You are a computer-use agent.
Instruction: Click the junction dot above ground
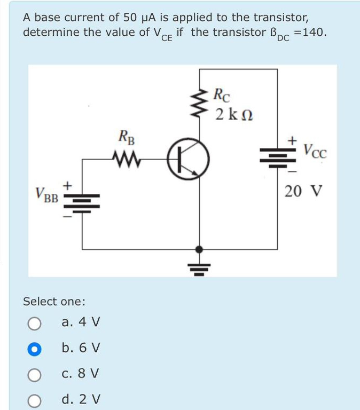pyautogui.click(x=199, y=249)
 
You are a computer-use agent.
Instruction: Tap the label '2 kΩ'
pyautogui.click(x=234, y=114)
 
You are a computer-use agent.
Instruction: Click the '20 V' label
pyautogui.click(x=303, y=191)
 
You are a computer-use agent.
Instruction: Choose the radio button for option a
pyautogui.click(x=34, y=323)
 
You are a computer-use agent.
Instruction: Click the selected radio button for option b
pyautogui.click(x=34, y=349)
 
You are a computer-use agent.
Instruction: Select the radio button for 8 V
pyautogui.click(x=34, y=374)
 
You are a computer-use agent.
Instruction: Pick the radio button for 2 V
pyautogui.click(x=34, y=400)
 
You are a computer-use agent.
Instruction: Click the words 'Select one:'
pyautogui.click(x=54, y=301)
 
